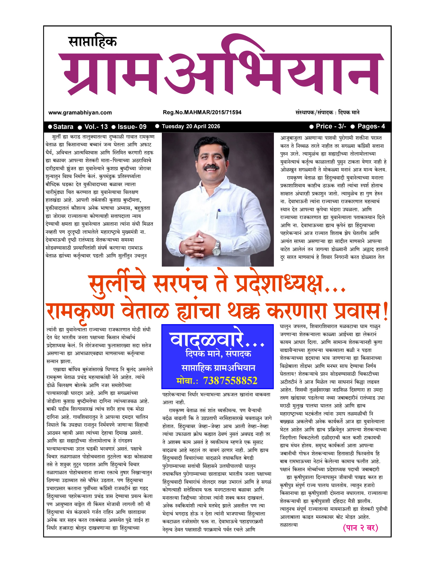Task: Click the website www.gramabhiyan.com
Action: click(x=80, y=113)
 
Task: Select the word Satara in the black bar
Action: click(x=63, y=127)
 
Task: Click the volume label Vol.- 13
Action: click(x=96, y=127)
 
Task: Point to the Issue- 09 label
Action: click(x=132, y=127)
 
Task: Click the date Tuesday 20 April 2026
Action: click(x=191, y=126)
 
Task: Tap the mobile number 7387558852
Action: click(x=230, y=381)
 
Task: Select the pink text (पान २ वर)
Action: click(x=360, y=528)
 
